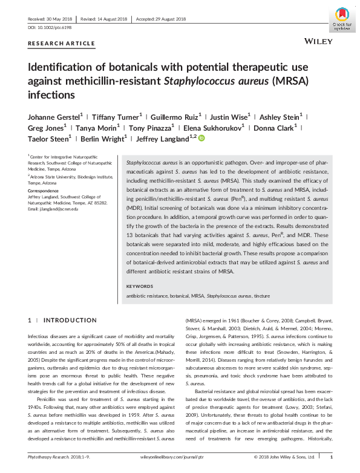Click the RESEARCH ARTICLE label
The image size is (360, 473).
tap(61, 44)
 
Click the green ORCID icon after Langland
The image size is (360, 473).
tap(201, 139)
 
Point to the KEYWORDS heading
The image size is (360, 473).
tap(142, 287)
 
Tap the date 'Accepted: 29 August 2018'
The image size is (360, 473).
tap(168, 19)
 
